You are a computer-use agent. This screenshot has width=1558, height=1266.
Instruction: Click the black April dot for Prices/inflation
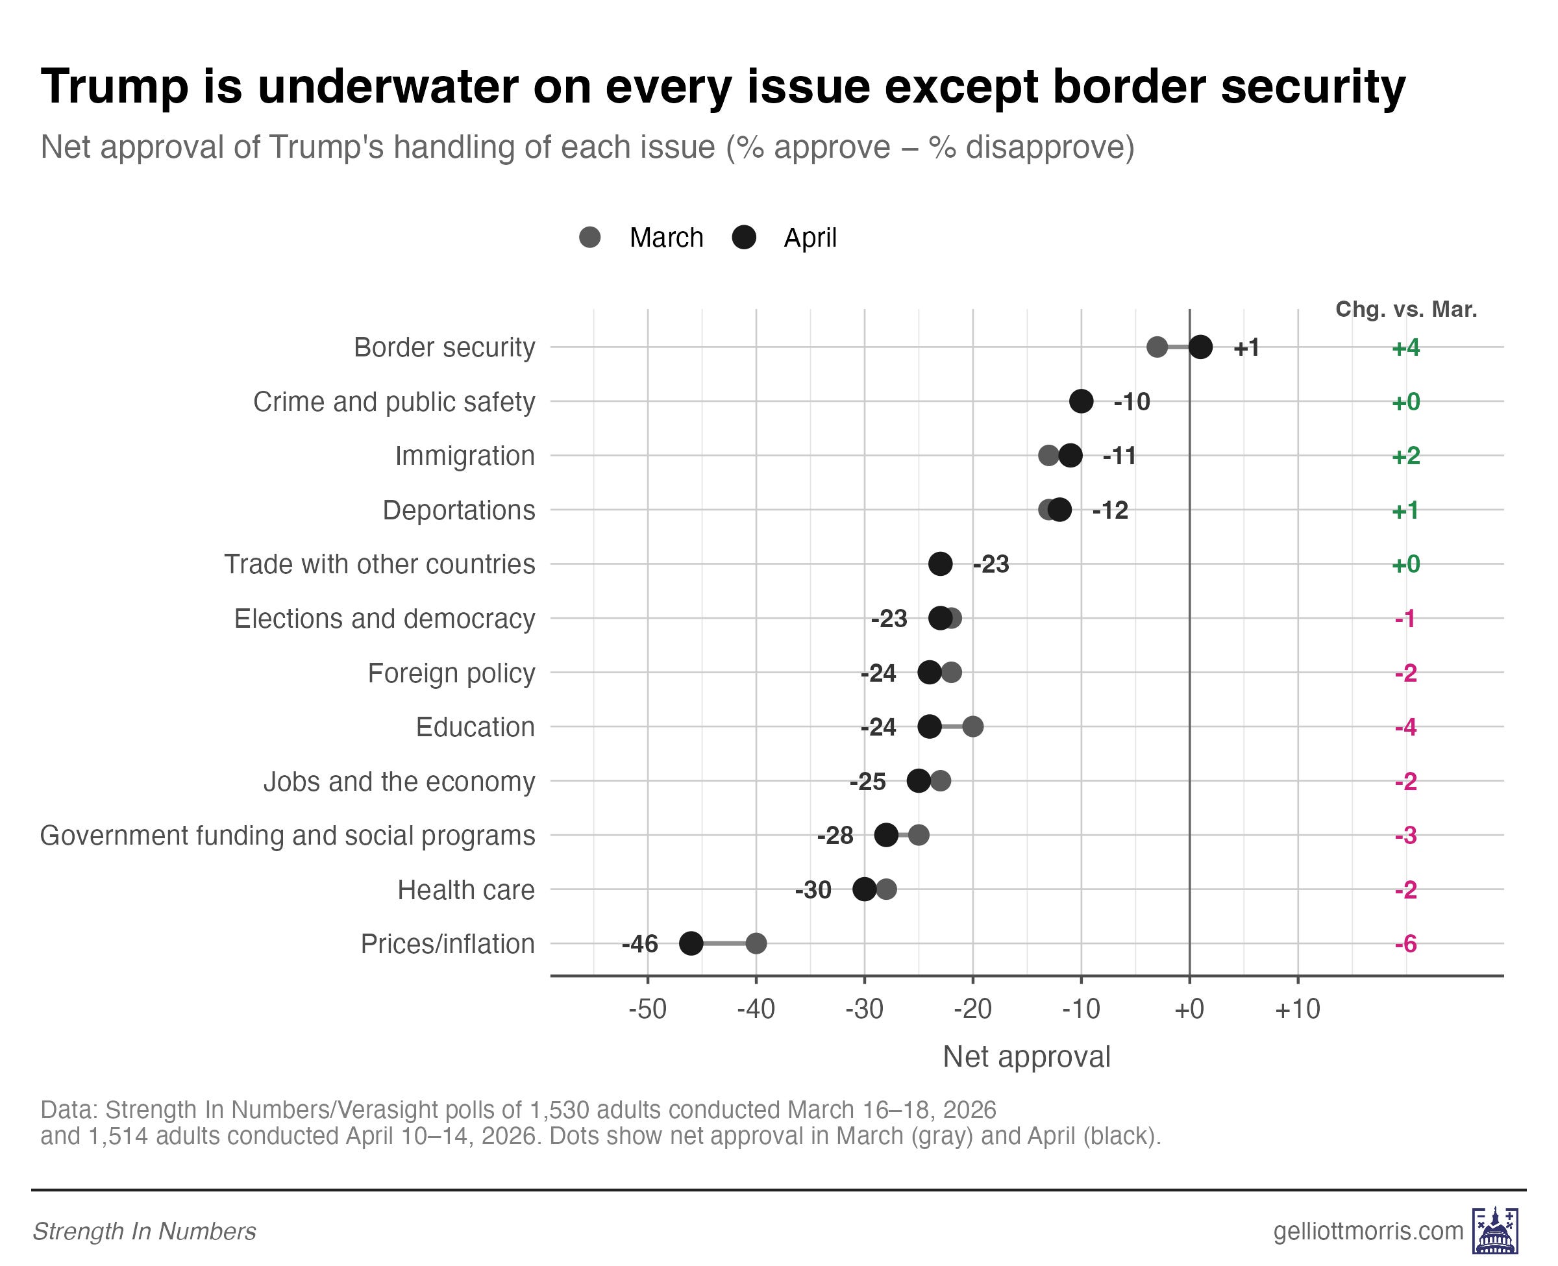click(691, 944)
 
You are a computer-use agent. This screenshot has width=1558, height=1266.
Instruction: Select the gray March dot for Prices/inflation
click(756, 944)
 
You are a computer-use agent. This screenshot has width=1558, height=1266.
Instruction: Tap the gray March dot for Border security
click(1157, 347)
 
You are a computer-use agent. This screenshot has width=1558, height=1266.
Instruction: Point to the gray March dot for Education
click(972, 727)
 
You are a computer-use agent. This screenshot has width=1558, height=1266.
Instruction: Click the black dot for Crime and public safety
click(1082, 401)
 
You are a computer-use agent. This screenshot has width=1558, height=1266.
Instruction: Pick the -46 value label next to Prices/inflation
click(639, 945)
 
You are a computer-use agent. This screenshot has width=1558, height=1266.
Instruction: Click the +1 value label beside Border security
click(1246, 348)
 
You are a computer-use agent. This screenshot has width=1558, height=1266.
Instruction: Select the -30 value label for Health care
click(813, 889)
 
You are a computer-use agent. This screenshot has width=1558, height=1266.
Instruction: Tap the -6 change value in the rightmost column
click(1405, 945)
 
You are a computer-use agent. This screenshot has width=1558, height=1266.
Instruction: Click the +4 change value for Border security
click(1405, 348)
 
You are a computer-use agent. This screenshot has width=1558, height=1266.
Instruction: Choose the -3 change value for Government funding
click(1405, 836)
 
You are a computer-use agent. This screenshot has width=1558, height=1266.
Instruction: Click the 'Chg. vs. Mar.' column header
click(1405, 309)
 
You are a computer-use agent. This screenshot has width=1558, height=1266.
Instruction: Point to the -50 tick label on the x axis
click(647, 1010)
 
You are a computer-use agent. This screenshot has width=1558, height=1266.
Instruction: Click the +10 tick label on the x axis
click(1298, 1010)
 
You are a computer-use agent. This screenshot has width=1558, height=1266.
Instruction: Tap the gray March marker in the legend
click(590, 238)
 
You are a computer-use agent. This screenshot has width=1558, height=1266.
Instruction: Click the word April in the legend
click(810, 238)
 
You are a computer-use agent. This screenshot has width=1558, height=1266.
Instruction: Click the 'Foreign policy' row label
click(451, 673)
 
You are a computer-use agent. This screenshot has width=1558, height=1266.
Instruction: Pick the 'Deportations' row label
click(458, 510)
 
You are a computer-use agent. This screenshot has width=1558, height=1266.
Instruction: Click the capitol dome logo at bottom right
click(1494, 1231)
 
